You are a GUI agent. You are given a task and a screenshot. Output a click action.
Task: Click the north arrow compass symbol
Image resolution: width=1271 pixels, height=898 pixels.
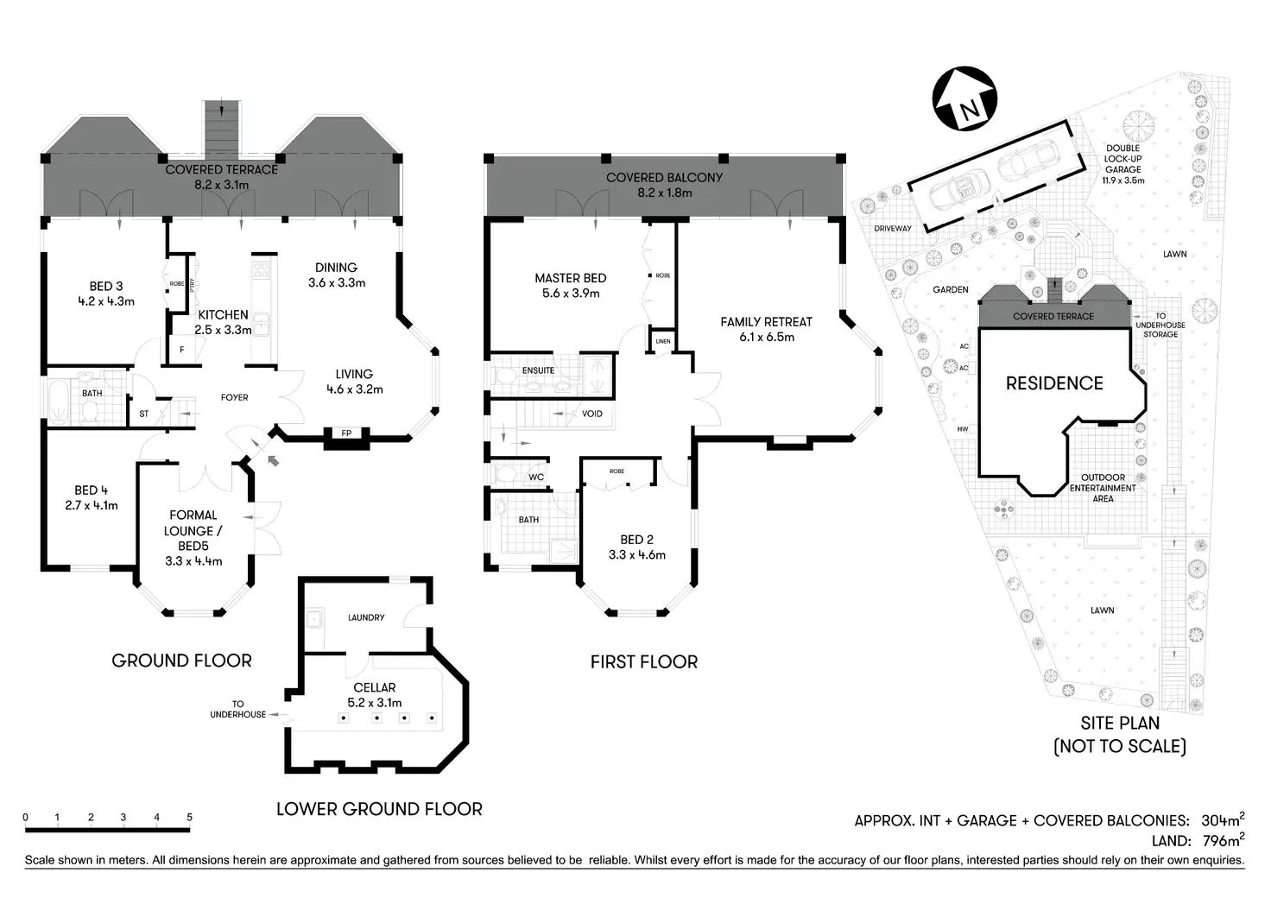[x=964, y=100]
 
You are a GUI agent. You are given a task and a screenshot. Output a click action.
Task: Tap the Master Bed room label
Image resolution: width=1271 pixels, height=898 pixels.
[x=570, y=278]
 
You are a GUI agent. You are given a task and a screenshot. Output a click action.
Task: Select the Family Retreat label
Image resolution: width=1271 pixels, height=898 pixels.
[x=766, y=322]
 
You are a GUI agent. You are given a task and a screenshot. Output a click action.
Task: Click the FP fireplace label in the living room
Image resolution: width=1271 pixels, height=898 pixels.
[x=346, y=433]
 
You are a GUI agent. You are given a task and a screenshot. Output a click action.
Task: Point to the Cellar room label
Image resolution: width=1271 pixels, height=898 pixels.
[x=375, y=688]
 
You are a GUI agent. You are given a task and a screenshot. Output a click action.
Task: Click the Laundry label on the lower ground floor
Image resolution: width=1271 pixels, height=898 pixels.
[x=366, y=617]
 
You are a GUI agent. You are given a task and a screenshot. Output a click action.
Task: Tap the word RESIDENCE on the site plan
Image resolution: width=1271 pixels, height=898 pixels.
[x=1054, y=383]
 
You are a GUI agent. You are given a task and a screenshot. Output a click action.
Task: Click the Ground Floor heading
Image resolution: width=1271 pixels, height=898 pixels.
[x=181, y=661]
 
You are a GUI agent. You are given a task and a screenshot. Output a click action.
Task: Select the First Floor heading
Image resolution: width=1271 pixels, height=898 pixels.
[x=643, y=661]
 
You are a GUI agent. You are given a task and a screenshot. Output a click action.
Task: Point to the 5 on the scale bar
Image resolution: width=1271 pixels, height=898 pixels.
[x=189, y=817]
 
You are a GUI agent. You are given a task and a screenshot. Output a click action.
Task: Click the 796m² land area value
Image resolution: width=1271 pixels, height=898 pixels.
[x=1220, y=840]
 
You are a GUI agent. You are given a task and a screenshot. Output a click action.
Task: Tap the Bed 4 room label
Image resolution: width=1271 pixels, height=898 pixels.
[x=92, y=490]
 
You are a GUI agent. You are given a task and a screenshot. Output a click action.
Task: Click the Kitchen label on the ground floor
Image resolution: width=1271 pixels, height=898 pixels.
[x=223, y=315]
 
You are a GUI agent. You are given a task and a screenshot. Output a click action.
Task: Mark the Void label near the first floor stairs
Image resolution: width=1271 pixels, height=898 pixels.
[x=592, y=414]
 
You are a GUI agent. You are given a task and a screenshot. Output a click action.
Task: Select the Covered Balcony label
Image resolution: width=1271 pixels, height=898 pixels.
[x=664, y=177]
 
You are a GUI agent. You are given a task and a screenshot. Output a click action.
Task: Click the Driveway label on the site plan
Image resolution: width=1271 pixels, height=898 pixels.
[x=893, y=229]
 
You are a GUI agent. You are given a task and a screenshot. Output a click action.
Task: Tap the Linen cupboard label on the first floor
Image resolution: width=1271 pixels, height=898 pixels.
[x=662, y=341]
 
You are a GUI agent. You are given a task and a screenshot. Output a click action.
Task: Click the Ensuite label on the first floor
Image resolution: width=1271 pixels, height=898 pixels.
[x=538, y=370]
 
